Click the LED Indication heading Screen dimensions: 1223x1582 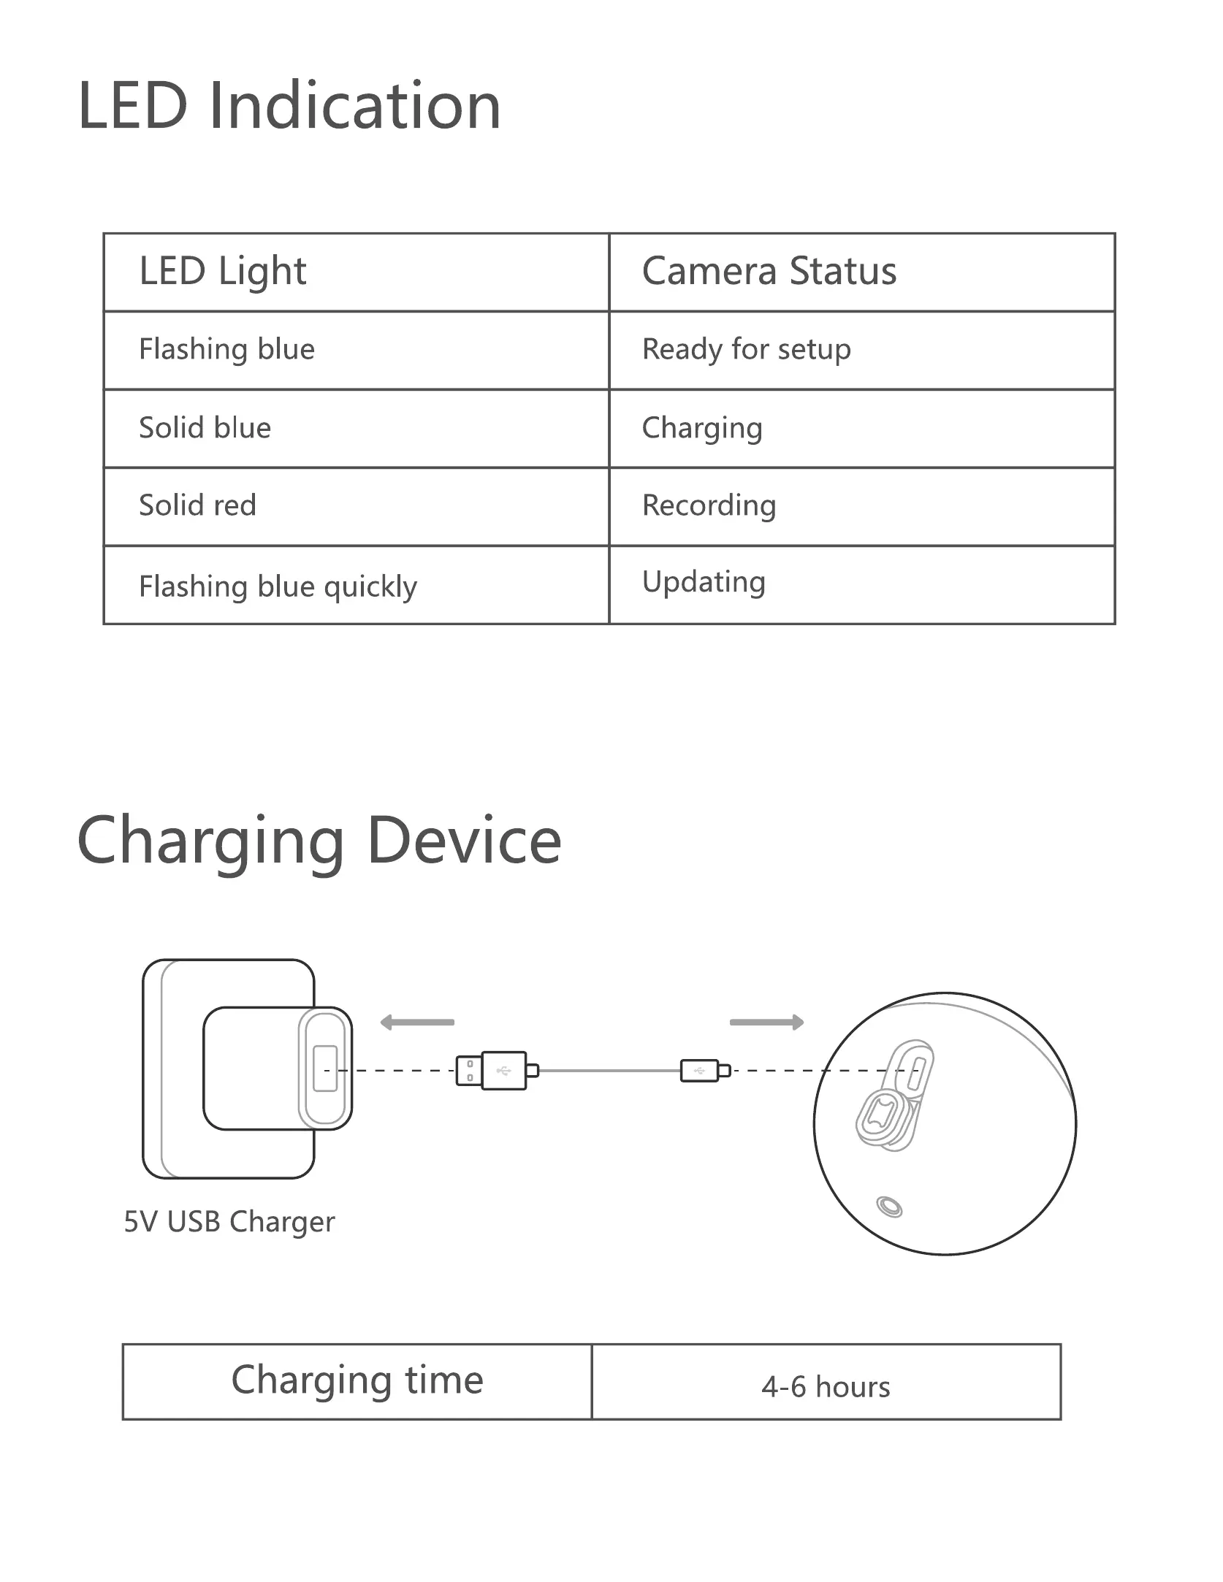[289, 107]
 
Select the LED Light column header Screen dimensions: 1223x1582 [223, 272]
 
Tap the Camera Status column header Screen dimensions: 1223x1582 [769, 272]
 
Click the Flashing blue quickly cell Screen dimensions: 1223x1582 [278, 586]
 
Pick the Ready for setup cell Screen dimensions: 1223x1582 [746, 350]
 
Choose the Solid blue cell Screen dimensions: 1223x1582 [205, 428]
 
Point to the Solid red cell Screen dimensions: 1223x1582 [197, 505]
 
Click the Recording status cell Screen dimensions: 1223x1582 [709, 505]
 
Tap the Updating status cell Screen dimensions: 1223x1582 [704, 582]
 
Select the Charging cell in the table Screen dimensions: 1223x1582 [701, 428]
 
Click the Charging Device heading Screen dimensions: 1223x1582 [319, 841]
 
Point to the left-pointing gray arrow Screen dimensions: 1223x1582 [417, 1023]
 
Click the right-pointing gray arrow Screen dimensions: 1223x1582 [766, 1023]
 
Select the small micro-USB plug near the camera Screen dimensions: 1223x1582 [704, 1071]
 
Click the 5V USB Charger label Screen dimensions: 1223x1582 [229, 1222]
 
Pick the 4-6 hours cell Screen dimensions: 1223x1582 [826, 1387]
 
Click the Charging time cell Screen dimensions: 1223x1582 [357, 1380]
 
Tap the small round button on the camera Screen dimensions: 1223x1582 [888, 1207]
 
